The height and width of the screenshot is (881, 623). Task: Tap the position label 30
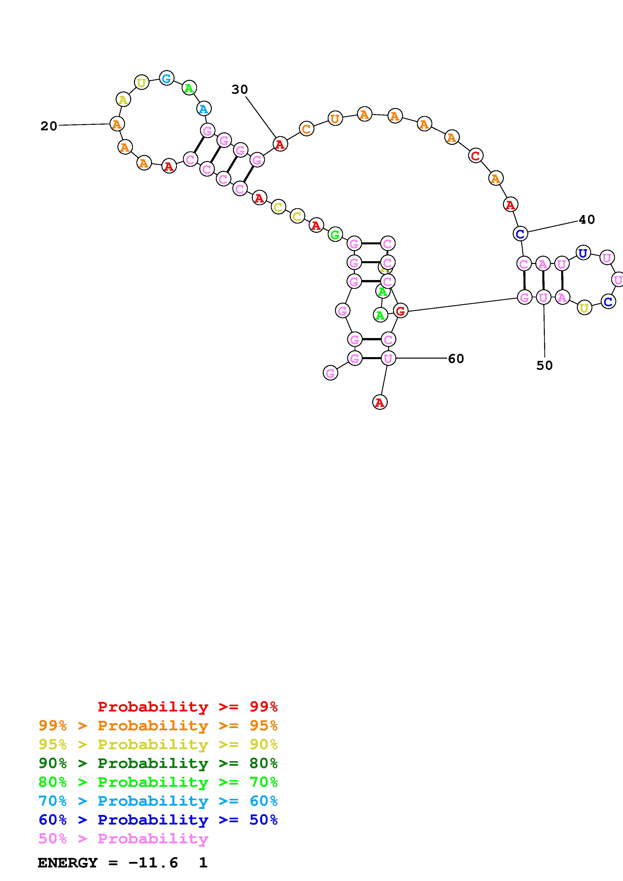pyautogui.click(x=239, y=89)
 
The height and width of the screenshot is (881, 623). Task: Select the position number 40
pyautogui.click(x=587, y=219)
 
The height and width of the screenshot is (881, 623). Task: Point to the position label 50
pyautogui.click(x=544, y=365)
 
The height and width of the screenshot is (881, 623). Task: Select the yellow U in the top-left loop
pyautogui.click(x=142, y=82)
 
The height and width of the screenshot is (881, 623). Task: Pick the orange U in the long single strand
pyautogui.click(x=335, y=119)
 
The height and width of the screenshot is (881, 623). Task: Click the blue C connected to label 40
pyautogui.click(x=520, y=233)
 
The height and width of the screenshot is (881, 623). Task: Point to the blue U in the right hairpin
pyautogui.click(x=583, y=253)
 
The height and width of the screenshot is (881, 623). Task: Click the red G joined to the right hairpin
pyautogui.click(x=400, y=311)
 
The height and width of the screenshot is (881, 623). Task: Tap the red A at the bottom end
pyautogui.click(x=380, y=402)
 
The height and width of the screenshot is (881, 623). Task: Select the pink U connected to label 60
pyautogui.click(x=388, y=358)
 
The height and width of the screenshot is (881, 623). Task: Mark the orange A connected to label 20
pyautogui.click(x=117, y=124)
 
